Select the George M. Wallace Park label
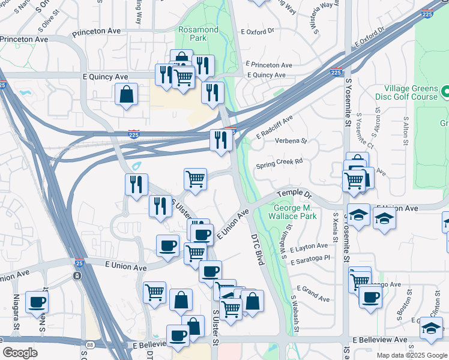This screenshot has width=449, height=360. coord(295,212)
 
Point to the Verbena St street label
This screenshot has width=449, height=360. coord(291,142)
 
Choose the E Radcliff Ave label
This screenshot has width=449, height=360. coord(274,127)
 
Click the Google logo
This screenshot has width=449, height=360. coord(20,353)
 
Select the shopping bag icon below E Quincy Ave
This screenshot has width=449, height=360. coord(126,95)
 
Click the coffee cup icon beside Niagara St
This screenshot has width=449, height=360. coord(37,302)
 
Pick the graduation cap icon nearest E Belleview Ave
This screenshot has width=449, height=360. coord(431,328)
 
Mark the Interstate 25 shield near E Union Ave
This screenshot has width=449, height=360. coord(79,262)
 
